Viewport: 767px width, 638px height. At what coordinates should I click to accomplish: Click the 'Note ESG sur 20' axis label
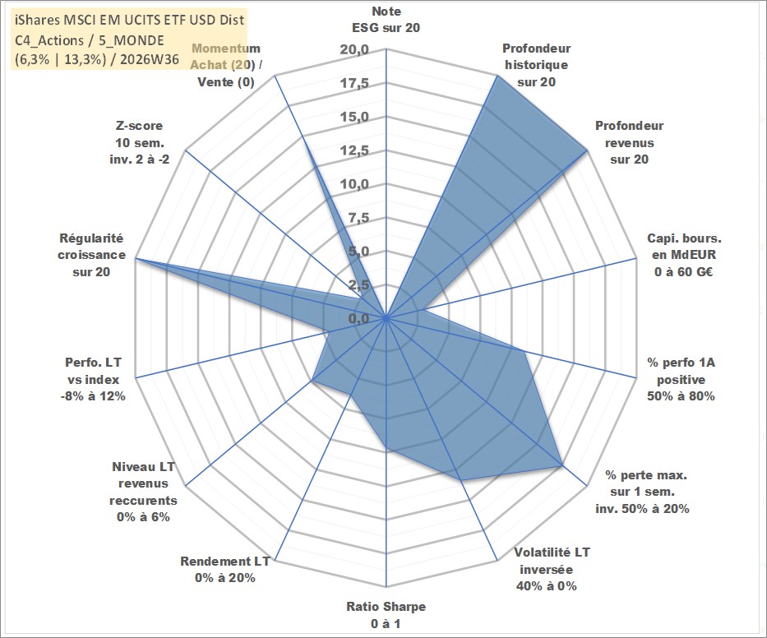click(386, 20)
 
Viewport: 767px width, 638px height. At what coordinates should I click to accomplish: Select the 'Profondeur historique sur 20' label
click(537, 65)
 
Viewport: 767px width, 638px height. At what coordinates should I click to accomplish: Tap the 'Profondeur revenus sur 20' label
click(629, 142)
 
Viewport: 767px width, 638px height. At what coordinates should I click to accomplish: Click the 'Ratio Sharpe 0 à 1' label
click(386, 615)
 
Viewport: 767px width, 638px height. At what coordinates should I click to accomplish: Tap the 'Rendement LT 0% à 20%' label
click(225, 570)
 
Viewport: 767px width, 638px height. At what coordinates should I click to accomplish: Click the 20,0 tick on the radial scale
click(355, 49)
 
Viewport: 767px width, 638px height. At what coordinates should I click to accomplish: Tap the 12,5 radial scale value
click(355, 150)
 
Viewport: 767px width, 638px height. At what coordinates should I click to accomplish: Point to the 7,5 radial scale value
click(358, 218)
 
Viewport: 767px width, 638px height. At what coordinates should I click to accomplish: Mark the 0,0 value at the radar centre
click(358, 318)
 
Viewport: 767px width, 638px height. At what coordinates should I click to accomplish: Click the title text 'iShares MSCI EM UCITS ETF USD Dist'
click(130, 20)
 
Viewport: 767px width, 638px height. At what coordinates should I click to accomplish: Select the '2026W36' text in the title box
click(150, 59)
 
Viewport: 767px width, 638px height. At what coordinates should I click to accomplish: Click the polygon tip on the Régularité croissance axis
click(136, 258)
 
